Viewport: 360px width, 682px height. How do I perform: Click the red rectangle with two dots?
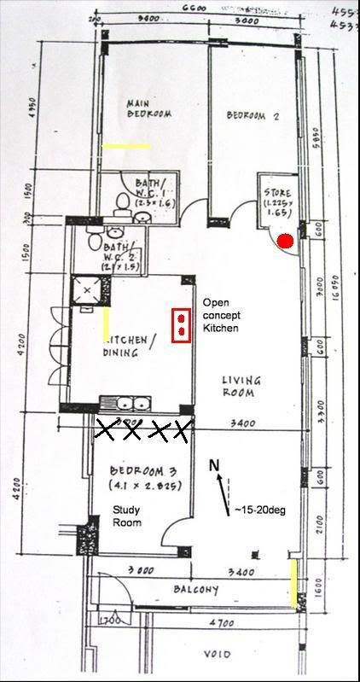click(x=181, y=324)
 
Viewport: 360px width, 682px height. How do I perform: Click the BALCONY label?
click(x=197, y=590)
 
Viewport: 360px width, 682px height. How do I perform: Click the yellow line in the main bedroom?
click(x=125, y=146)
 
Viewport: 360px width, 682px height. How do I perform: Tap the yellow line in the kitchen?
click(x=106, y=324)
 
